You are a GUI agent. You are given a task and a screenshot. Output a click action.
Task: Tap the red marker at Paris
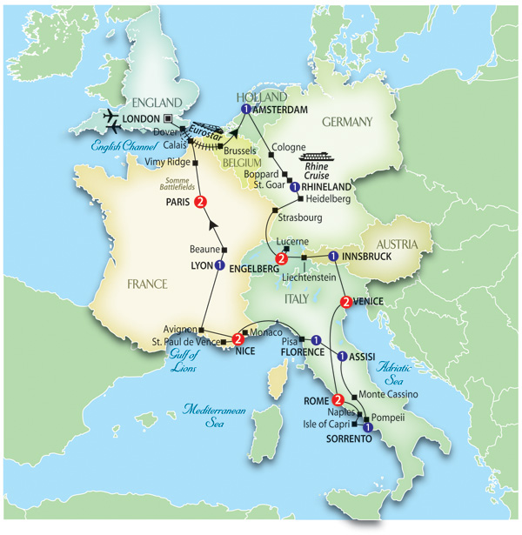[201, 204]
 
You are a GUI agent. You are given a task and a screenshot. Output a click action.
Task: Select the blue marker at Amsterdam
[246, 110]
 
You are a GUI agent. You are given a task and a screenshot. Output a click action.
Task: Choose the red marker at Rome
[338, 400]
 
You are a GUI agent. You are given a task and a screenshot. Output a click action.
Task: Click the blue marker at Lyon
[219, 265]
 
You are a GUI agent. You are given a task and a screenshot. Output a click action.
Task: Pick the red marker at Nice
[238, 341]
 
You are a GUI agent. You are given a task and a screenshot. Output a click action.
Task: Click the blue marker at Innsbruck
[333, 257]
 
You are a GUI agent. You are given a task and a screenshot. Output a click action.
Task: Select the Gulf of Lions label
[179, 362]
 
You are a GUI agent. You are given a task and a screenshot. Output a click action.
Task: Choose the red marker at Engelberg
[281, 259]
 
